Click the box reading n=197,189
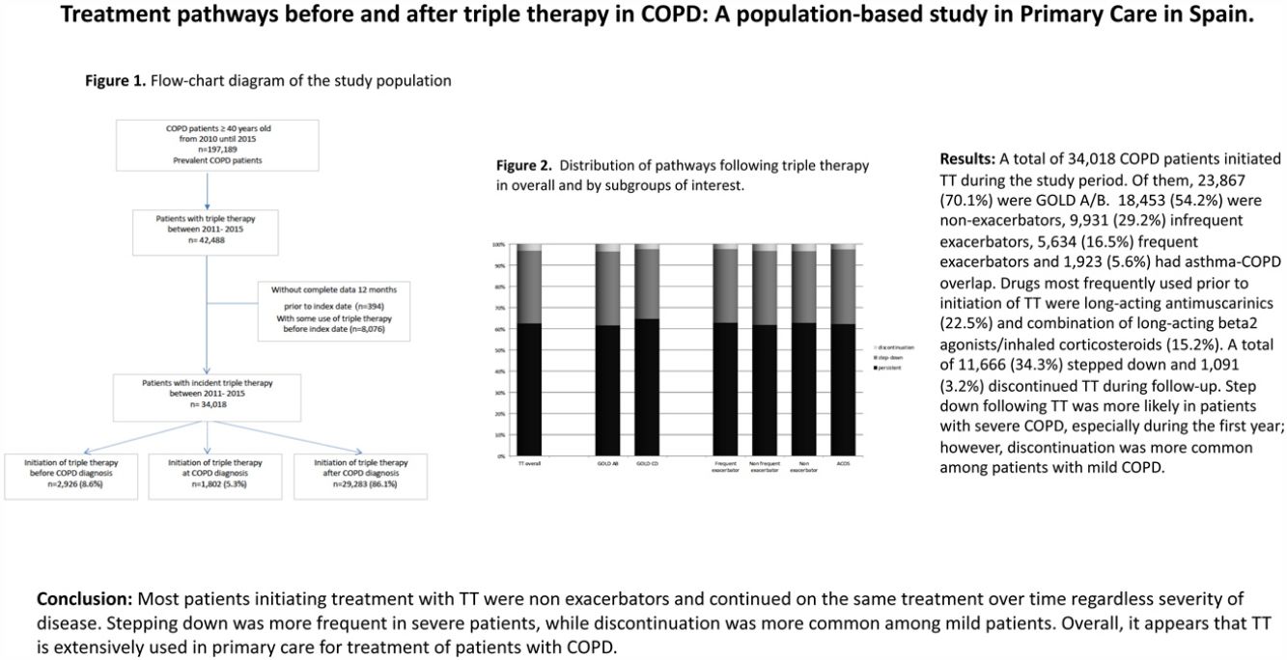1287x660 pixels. point(208,145)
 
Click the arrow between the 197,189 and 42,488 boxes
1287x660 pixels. point(208,189)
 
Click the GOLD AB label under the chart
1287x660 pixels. point(607,464)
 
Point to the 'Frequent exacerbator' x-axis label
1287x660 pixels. point(725,467)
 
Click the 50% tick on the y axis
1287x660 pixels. point(500,350)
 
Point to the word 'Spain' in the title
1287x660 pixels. point(1224,17)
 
